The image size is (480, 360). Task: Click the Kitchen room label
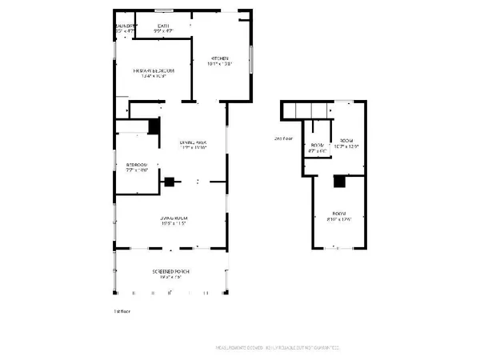220,58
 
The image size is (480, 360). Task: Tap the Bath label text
162,26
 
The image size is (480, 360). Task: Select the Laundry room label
124,26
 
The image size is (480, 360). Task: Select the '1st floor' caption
121,310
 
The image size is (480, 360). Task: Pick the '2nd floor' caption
283,138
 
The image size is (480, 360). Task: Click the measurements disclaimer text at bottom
279,347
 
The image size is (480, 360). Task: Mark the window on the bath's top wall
164,10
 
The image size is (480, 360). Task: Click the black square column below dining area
170,182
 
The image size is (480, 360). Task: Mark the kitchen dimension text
220,63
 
